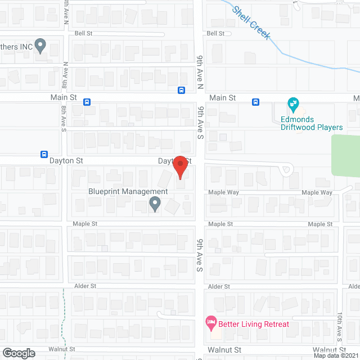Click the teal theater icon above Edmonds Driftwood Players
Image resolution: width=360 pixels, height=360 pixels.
293,103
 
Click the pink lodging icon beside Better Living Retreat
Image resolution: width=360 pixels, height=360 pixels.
211,323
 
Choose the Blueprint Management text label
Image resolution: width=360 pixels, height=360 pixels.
128,191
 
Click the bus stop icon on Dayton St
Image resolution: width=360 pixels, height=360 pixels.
44,154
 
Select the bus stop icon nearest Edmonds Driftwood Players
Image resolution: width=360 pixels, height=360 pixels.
255,102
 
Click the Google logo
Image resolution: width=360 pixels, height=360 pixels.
18,353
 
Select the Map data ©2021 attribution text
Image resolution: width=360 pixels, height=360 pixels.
336,355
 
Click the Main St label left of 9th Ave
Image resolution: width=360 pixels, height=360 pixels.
63,97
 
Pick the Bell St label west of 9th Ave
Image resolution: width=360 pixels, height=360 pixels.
83,34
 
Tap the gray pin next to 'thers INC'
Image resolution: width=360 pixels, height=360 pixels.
40,45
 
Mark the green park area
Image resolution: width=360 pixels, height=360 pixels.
346,155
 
